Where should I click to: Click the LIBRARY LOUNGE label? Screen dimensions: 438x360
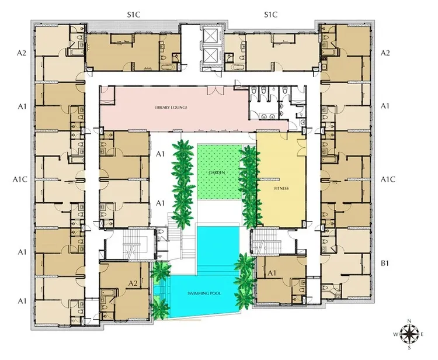click(171, 108)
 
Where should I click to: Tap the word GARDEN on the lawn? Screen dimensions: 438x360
click(217, 172)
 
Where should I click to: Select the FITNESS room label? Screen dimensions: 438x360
click(281, 188)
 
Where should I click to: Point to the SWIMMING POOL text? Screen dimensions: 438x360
click(204, 293)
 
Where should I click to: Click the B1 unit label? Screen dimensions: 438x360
click(385, 264)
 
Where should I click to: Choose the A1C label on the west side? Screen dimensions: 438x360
click(20, 179)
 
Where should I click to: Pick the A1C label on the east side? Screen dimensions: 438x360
click(388, 179)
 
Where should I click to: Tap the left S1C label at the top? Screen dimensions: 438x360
click(134, 15)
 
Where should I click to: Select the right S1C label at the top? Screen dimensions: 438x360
click(270, 15)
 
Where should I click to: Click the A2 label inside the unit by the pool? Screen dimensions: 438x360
click(133, 283)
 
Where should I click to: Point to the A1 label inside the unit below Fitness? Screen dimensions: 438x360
click(272, 273)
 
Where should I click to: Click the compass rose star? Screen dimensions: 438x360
click(409, 334)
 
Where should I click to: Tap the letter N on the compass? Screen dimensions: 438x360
click(409, 321)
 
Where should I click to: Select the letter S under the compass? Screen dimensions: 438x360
click(409, 348)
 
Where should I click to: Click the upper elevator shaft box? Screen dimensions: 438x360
click(211, 36)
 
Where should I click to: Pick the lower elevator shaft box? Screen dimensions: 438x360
click(211, 55)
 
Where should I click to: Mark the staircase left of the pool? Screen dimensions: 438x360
click(131, 244)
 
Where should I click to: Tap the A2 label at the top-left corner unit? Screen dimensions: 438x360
click(21, 53)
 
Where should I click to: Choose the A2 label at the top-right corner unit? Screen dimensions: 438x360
click(385, 53)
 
